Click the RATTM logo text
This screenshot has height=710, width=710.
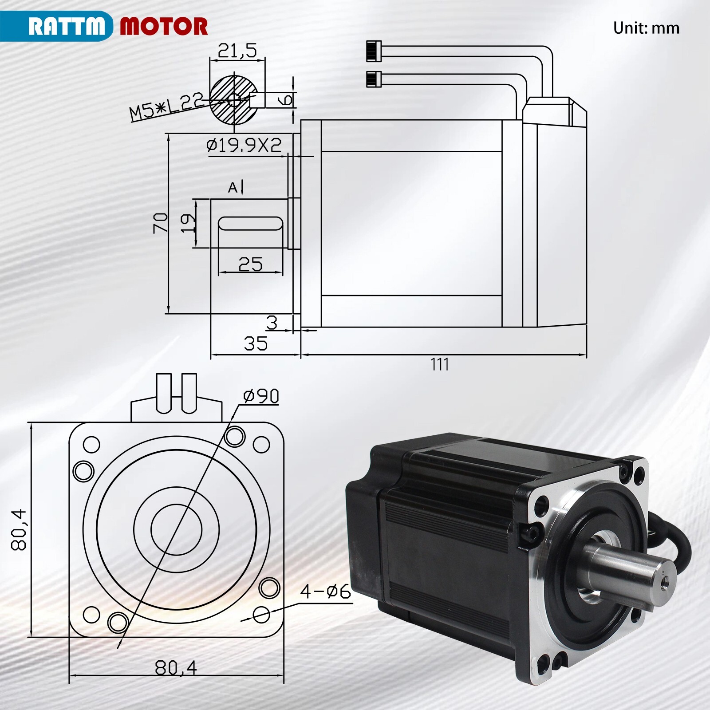click(x=67, y=26)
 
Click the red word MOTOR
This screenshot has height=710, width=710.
click(x=163, y=27)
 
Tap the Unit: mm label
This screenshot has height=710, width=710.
click(x=646, y=28)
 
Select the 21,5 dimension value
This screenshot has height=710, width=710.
click(x=237, y=51)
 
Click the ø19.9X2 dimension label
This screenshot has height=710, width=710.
click(x=244, y=145)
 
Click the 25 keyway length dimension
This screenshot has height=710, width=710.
click(x=250, y=264)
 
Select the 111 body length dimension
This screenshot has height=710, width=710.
click(x=439, y=365)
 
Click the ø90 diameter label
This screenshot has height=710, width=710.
click(x=261, y=396)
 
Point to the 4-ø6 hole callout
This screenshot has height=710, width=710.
click(x=325, y=592)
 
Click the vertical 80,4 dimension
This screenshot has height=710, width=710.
click(x=20, y=529)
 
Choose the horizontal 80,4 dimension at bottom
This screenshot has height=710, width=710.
click(x=176, y=667)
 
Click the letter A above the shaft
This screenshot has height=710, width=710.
click(x=233, y=188)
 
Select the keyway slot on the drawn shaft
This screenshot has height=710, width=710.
click(x=250, y=223)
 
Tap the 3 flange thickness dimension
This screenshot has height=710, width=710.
click(x=272, y=323)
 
